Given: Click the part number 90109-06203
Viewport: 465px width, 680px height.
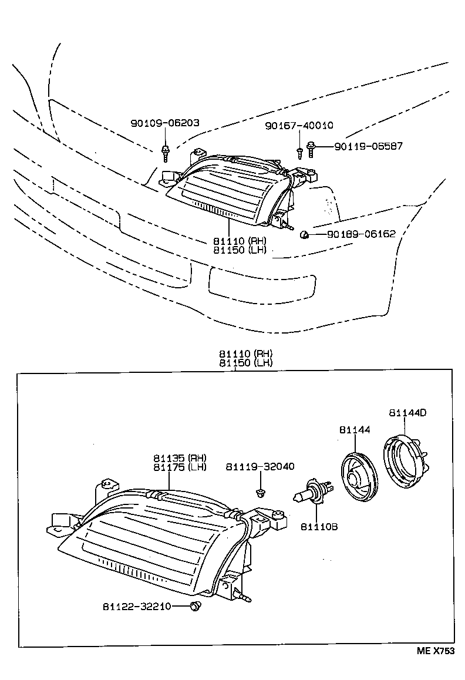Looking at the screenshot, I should pyautogui.click(x=165, y=123).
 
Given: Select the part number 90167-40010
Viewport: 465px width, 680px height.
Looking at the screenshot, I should pyautogui.click(x=299, y=125).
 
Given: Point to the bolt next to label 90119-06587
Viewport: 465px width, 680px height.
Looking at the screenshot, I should pyautogui.click(x=312, y=148).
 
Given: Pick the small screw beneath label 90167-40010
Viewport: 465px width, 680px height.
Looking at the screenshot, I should pyautogui.click(x=299, y=152).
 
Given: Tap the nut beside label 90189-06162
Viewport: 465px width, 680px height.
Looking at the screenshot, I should pyautogui.click(x=304, y=235).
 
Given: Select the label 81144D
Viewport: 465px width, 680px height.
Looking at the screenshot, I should pyautogui.click(x=407, y=413).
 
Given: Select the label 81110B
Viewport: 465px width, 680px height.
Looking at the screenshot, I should pyautogui.click(x=319, y=527).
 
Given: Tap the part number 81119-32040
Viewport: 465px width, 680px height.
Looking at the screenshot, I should pyautogui.click(x=260, y=466).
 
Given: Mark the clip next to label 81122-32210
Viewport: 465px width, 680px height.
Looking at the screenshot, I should pyautogui.click(x=196, y=606).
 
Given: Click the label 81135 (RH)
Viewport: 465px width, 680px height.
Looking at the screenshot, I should pyautogui.click(x=180, y=458).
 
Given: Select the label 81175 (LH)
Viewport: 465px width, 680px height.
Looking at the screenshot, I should pyautogui.click(x=180, y=467).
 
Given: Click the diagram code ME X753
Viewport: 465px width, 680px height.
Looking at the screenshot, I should pyautogui.click(x=436, y=651).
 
